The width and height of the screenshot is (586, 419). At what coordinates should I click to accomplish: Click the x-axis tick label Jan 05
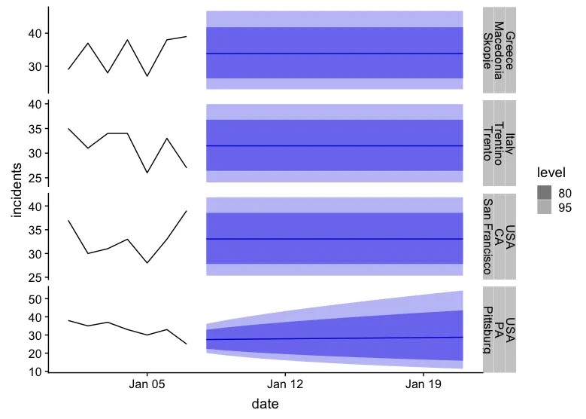[147, 384]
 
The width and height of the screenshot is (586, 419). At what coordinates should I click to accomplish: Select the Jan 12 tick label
[285, 384]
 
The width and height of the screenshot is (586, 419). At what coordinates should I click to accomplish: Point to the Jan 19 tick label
[424, 384]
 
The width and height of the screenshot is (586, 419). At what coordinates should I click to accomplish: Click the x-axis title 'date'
[265, 404]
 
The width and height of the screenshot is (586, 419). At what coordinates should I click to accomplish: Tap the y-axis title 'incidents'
[17, 190]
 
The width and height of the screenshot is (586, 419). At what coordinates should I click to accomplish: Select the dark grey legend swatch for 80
[545, 193]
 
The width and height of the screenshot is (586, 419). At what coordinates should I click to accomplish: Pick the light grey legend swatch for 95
[545, 209]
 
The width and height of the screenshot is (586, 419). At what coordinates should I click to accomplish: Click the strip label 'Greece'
[510, 50]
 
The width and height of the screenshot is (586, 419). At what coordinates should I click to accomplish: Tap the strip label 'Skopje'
[487, 50]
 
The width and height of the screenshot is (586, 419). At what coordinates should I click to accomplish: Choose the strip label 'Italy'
[510, 143]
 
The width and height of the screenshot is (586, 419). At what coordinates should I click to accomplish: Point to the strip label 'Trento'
[487, 143]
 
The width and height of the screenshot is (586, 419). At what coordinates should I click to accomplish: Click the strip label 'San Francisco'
[487, 236]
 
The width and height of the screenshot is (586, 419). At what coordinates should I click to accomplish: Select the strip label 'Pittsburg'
[487, 329]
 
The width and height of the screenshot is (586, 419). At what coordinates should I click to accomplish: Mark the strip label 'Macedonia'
[499, 50]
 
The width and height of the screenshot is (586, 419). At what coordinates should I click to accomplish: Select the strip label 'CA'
[499, 236]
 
